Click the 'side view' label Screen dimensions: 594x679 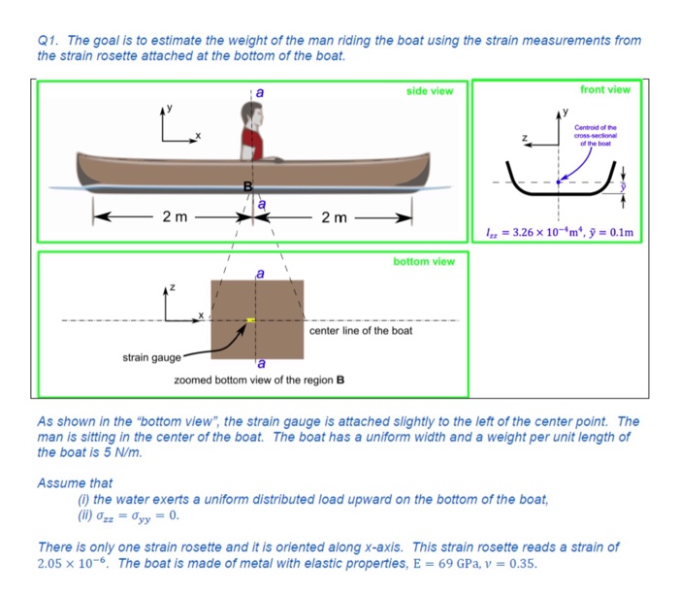click(x=430, y=90)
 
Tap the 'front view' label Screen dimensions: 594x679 click(x=605, y=89)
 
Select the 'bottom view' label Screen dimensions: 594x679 click(x=423, y=261)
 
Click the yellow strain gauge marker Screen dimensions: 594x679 click(x=250, y=319)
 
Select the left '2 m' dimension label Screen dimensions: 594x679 click(x=175, y=216)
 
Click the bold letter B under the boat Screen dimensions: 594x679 click(x=247, y=185)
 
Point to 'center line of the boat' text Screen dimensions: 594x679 click(x=360, y=331)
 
